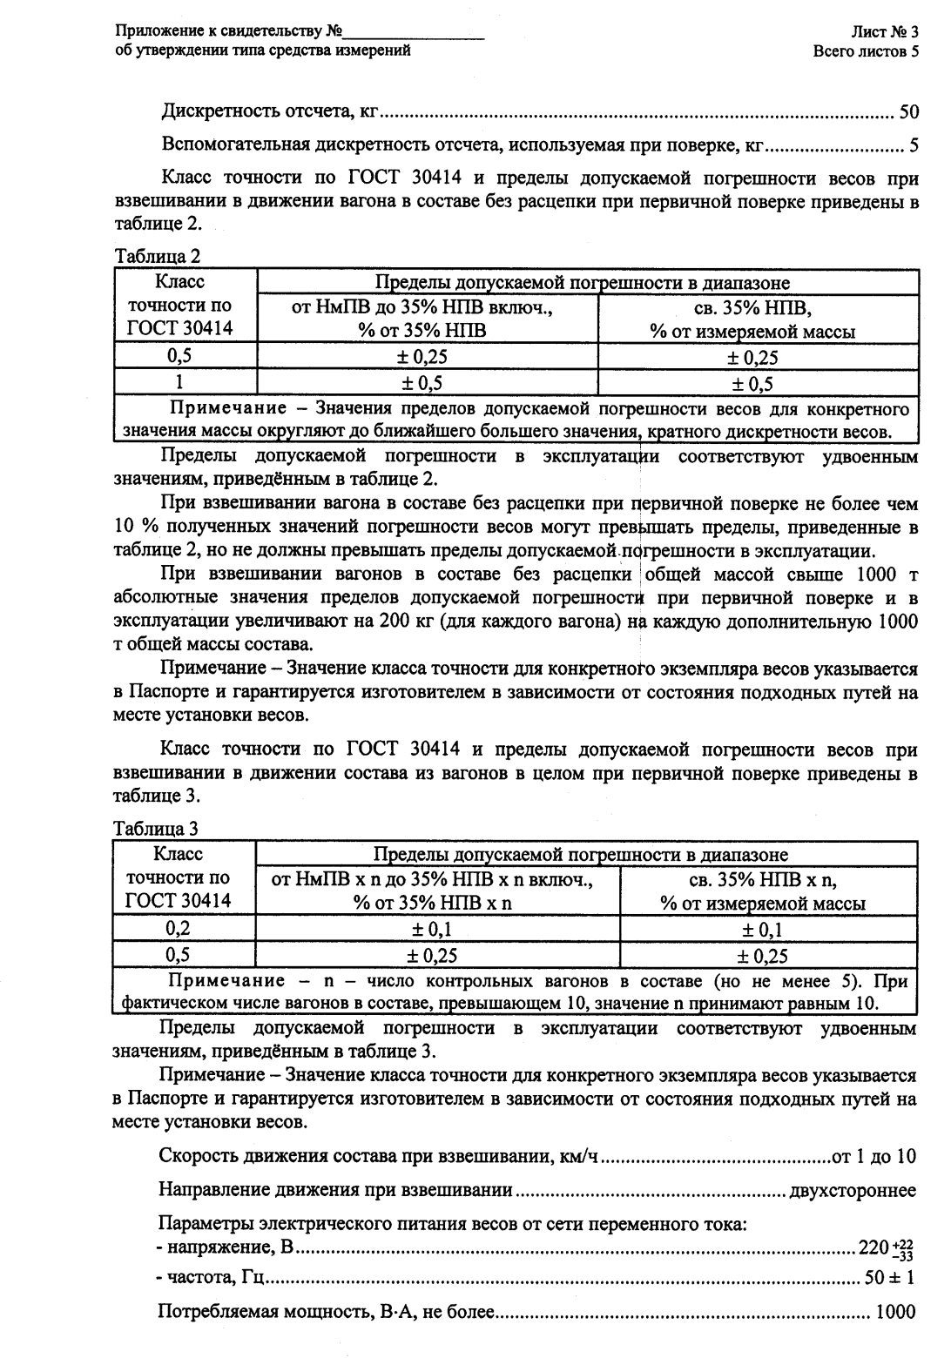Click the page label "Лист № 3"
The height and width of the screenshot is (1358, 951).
(x=885, y=33)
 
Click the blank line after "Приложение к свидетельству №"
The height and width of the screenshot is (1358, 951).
(x=415, y=34)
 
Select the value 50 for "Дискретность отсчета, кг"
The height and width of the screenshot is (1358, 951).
(x=907, y=112)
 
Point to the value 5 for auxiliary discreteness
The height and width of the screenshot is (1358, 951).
(x=913, y=145)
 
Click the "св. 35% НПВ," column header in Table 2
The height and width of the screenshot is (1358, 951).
(x=752, y=308)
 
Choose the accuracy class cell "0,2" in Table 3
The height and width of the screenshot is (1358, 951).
(x=179, y=929)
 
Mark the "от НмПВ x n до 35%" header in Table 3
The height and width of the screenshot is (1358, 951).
(x=432, y=879)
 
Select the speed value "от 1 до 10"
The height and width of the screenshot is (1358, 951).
(x=873, y=1156)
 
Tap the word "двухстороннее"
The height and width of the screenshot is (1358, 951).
(x=852, y=1189)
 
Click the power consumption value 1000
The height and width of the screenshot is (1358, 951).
(x=894, y=1312)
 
